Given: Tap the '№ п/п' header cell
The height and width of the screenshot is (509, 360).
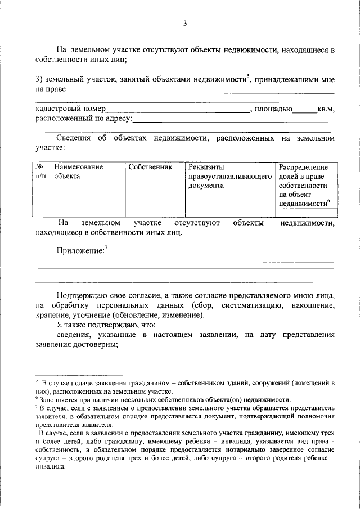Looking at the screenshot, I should pyautogui.click(x=40, y=172).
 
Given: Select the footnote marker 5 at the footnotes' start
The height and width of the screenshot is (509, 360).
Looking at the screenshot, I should pyautogui.click(x=37, y=382).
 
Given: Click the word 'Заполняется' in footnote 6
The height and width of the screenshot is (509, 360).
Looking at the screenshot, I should pyautogui.click(x=57, y=399).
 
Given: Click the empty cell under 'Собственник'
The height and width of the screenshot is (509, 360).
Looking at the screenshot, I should pyautogui.click(x=155, y=212).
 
